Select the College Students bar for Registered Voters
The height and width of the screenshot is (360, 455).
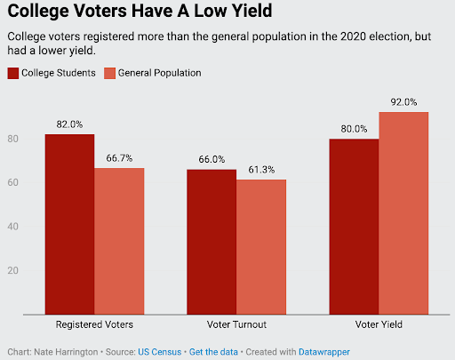70,223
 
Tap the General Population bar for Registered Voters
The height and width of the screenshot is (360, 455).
119,240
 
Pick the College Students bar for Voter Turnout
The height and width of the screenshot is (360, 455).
212,241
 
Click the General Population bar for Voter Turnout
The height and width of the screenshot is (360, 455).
261,246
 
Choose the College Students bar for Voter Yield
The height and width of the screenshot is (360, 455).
354,226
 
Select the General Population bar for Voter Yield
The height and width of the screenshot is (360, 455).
403,212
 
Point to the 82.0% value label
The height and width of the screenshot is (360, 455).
70,124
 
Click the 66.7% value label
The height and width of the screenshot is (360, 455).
119,157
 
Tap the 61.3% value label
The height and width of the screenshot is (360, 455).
261,169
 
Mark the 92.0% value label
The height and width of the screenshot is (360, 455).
403,101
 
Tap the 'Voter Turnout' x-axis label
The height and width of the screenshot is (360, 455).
236,326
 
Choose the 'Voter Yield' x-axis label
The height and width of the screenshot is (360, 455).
379,326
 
